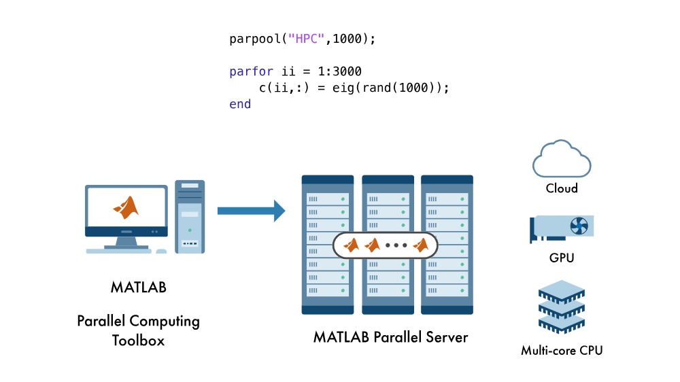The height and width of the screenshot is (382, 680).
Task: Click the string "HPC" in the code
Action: pos(302,39)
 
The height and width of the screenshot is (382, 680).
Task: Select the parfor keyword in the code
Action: pos(251,72)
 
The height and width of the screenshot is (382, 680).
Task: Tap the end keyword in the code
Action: pos(240,105)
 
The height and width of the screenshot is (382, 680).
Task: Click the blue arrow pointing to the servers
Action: pos(251,211)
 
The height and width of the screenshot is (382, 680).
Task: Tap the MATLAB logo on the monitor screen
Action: pos(126,207)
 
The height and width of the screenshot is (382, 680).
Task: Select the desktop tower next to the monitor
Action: pos(190,216)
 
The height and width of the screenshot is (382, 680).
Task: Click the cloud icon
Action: pos(562,158)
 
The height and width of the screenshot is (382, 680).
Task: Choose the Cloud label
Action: pos(562,188)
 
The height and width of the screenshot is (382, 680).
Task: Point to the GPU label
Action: pos(562,258)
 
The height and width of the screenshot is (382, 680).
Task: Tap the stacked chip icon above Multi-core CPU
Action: pos(562,308)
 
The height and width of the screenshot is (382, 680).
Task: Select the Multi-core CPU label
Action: pos(562,351)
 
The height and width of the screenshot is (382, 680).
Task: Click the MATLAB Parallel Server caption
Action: pos(390,336)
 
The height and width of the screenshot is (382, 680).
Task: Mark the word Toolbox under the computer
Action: pos(139,340)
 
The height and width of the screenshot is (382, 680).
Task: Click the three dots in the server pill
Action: pos(396,245)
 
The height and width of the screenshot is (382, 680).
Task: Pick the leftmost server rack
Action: pos(328,245)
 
